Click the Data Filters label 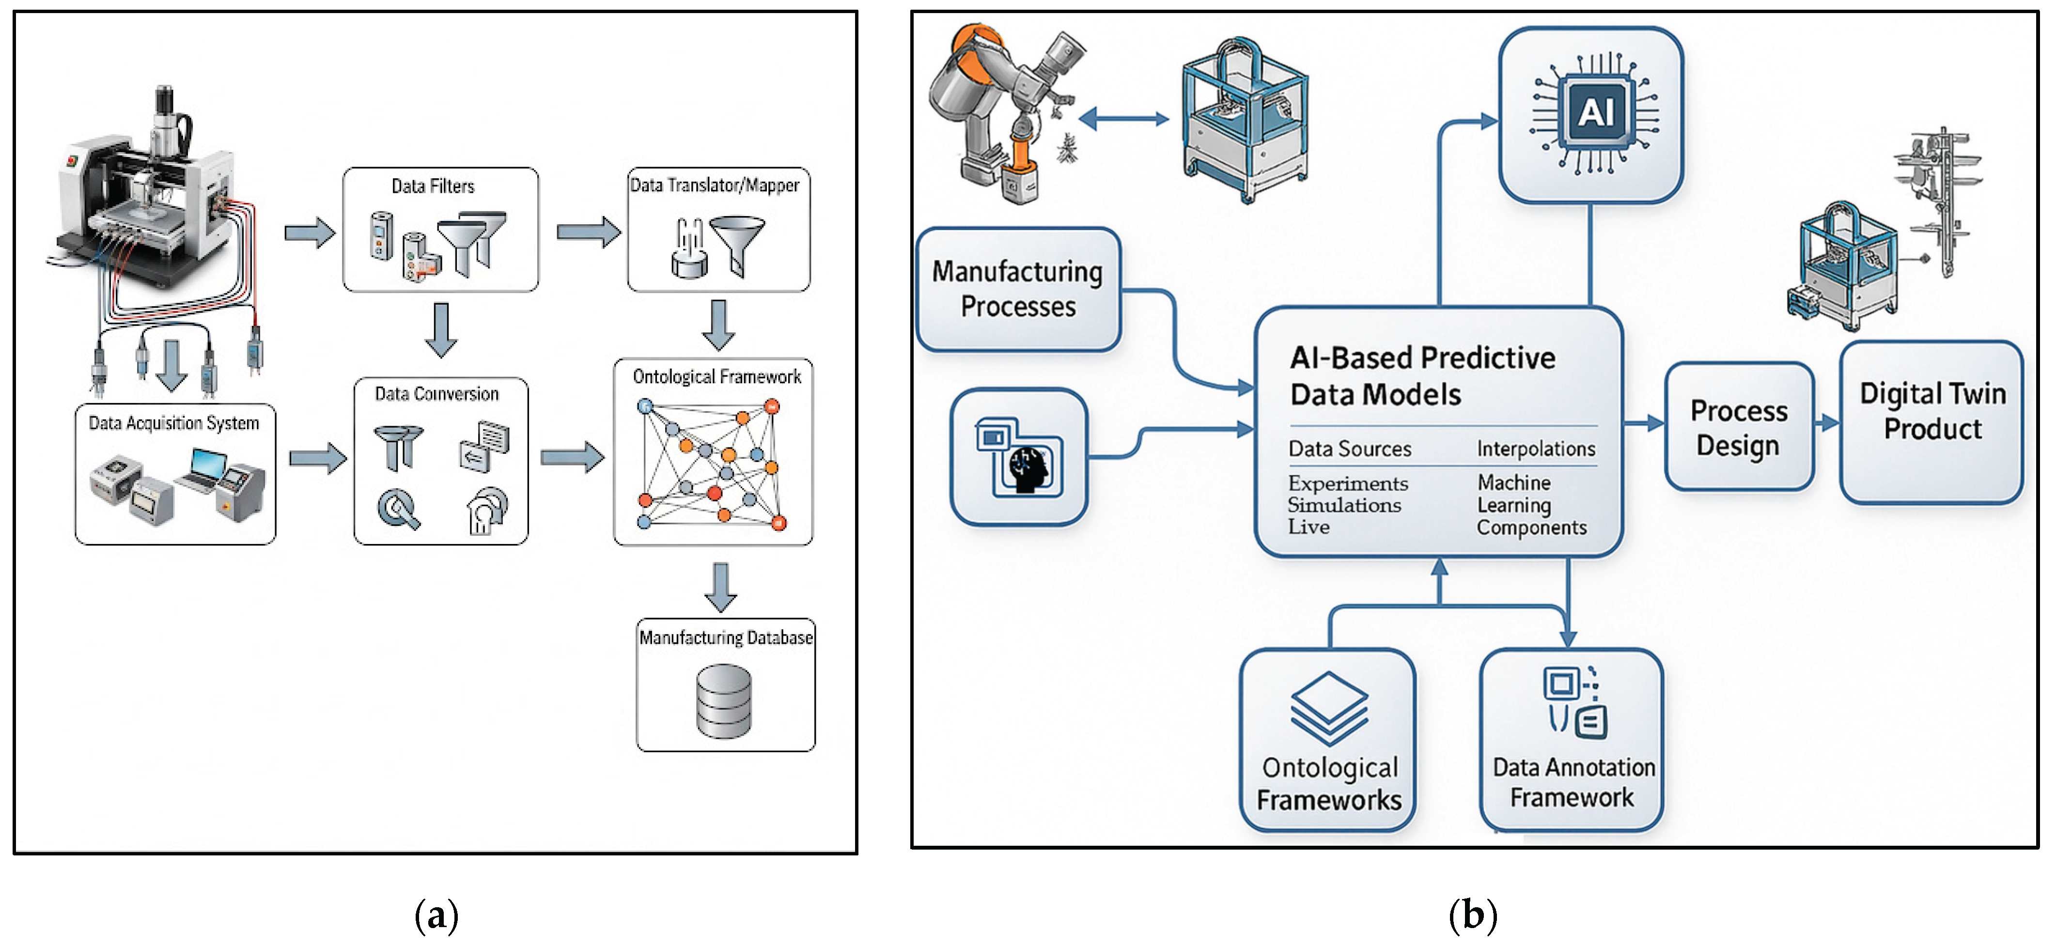point(433,186)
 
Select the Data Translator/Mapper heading point(715,185)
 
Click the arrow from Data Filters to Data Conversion point(440,329)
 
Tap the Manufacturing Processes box point(1018,289)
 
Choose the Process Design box point(1738,427)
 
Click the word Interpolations point(1536,449)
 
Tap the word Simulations point(1344,505)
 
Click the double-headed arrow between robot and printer point(1124,120)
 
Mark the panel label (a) point(436,915)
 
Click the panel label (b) point(1473,915)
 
